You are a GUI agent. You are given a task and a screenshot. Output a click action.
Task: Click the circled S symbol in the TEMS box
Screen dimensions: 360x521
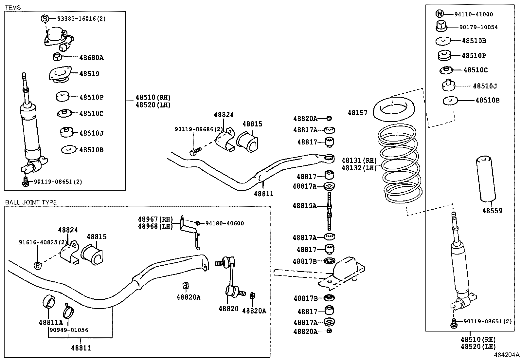click(x=45, y=19)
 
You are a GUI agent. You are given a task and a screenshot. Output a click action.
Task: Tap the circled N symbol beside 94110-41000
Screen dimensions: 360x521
click(x=440, y=14)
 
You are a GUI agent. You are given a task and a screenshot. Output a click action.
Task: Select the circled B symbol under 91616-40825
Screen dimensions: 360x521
click(x=38, y=265)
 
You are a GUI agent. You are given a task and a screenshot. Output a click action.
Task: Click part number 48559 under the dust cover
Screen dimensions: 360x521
click(x=492, y=211)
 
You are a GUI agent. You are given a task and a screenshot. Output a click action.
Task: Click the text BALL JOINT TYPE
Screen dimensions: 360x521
click(x=31, y=202)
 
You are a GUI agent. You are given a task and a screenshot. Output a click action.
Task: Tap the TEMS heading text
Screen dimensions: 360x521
click(x=13, y=8)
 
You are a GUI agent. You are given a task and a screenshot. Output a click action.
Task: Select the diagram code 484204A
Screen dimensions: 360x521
click(x=507, y=355)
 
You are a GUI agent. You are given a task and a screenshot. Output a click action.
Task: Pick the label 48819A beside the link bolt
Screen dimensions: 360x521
click(x=304, y=206)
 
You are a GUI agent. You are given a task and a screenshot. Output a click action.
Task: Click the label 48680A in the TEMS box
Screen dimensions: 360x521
click(x=91, y=58)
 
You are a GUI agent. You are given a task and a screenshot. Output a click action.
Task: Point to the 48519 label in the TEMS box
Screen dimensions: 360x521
click(x=89, y=74)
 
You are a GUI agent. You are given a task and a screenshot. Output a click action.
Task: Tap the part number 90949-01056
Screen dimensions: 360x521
click(x=69, y=330)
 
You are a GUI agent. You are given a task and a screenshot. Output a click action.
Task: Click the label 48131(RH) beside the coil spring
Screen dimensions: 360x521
click(x=359, y=160)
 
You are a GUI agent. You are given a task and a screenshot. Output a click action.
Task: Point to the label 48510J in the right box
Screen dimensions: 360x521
click(x=485, y=86)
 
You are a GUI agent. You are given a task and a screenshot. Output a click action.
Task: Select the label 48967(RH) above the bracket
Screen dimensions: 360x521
click(x=155, y=219)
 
